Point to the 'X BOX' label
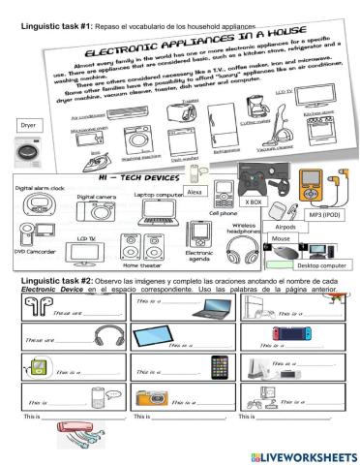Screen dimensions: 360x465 255,201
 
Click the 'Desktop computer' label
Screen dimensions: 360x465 320,264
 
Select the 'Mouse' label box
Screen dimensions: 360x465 282,238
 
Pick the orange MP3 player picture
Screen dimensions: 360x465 314,189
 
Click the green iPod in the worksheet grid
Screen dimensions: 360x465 37,367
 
